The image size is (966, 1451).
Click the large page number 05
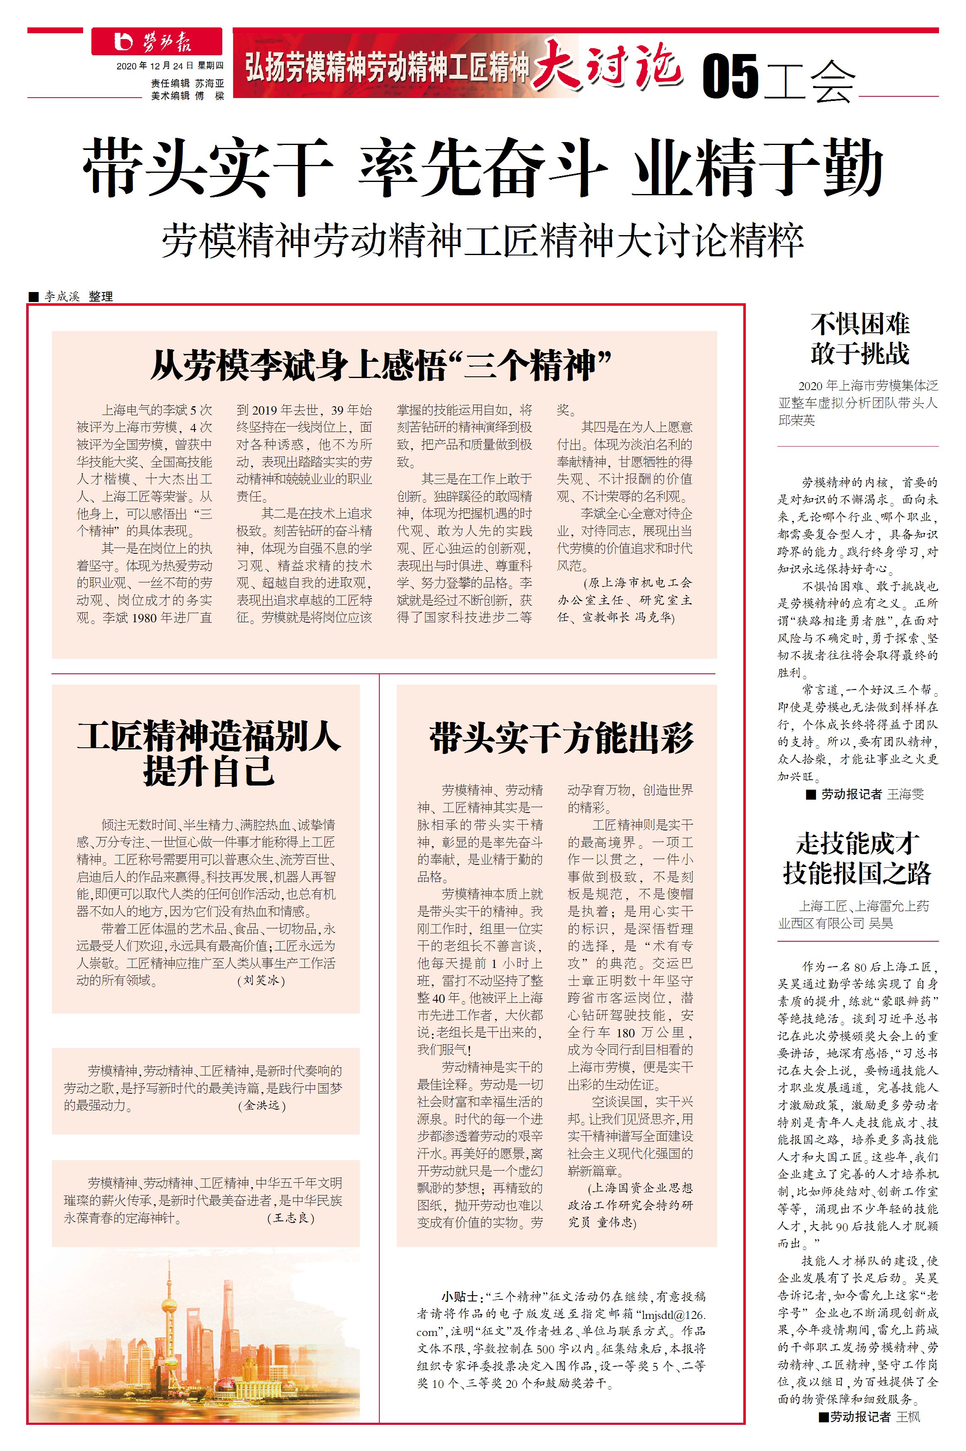pos(730,76)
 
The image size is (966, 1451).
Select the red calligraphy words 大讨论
pos(607,65)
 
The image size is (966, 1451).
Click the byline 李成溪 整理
pos(78,296)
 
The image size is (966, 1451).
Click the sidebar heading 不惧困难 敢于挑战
pos(859,339)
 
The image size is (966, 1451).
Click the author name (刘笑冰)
pos(261,980)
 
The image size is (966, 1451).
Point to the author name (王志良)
pos(291,1218)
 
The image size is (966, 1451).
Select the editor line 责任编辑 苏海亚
pos(187,83)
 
